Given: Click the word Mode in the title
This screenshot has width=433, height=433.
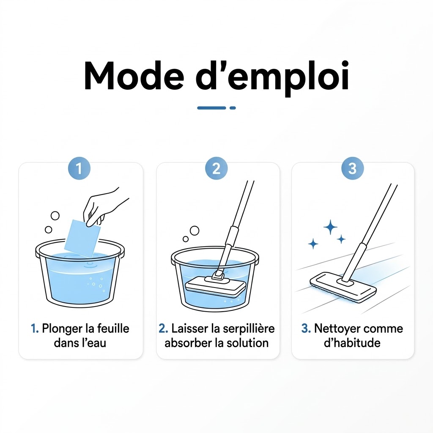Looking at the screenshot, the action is click(x=134, y=76).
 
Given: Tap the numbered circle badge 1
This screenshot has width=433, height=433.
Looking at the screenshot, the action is click(x=79, y=168).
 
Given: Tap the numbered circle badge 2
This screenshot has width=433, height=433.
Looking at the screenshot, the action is click(x=216, y=168).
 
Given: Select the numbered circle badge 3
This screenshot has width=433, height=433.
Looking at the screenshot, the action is click(x=352, y=168).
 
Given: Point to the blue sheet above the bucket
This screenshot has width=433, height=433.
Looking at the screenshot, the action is click(x=82, y=239).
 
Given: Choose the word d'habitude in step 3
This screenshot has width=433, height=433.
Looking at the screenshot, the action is click(x=352, y=343).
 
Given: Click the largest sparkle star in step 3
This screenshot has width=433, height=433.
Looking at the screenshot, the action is click(x=330, y=227).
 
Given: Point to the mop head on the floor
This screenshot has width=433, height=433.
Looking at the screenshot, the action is click(x=343, y=287).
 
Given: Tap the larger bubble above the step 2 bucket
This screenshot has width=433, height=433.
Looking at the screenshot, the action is click(x=195, y=230).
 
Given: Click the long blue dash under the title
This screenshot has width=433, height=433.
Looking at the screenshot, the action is click(x=211, y=108).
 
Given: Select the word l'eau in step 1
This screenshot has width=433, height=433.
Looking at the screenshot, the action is click(x=94, y=343).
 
